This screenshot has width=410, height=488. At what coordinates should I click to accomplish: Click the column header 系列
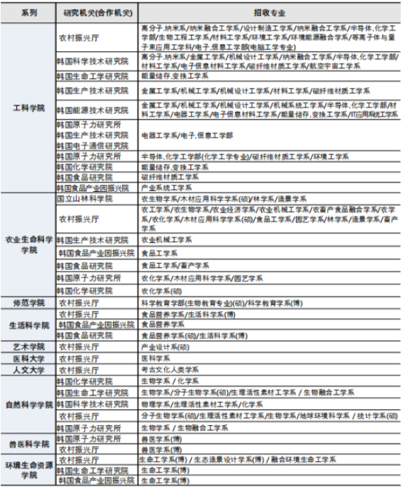coord(30,13)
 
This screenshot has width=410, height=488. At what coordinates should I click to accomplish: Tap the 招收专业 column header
coord(269,13)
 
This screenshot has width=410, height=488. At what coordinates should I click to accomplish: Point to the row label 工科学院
coord(29,108)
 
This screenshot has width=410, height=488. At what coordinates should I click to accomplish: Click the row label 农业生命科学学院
coord(29,245)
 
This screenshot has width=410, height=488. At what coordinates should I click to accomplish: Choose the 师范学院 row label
coord(29,303)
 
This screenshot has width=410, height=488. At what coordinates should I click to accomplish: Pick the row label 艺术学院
coord(29,347)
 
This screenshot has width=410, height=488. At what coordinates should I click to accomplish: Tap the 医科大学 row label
coord(29,358)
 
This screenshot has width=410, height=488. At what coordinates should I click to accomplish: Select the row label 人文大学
coord(29,369)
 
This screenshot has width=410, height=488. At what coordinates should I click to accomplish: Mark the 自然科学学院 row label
coord(29,405)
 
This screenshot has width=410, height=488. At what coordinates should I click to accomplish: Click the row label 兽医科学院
coord(29,444)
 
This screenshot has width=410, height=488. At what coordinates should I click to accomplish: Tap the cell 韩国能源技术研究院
coord(93,110)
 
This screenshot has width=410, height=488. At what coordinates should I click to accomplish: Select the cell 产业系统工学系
coord(167,188)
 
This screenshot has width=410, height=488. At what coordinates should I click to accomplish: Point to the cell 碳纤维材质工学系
coord(169,177)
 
